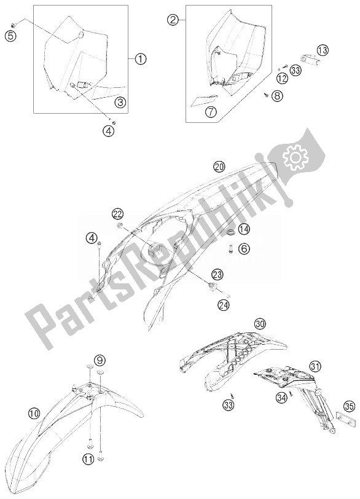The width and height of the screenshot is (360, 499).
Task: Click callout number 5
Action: point(11,36)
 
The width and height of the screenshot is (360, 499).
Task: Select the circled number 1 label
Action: point(141,58)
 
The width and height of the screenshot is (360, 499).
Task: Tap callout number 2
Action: point(173,20)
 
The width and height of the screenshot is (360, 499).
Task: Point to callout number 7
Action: point(211,112)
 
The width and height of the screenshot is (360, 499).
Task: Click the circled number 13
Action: point(323,50)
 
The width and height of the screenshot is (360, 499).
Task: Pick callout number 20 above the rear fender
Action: point(219,166)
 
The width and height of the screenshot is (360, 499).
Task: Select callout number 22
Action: point(118,214)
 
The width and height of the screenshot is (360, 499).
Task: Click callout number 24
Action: point(223,305)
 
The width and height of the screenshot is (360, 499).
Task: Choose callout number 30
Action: point(260,324)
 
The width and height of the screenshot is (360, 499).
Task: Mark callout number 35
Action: point(349,406)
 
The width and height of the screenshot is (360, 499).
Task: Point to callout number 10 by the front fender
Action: point(34,414)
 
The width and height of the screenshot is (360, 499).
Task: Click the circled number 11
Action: point(89,458)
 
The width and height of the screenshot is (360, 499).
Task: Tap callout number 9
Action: point(100,360)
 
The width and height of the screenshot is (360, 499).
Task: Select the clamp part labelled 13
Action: point(310,60)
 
